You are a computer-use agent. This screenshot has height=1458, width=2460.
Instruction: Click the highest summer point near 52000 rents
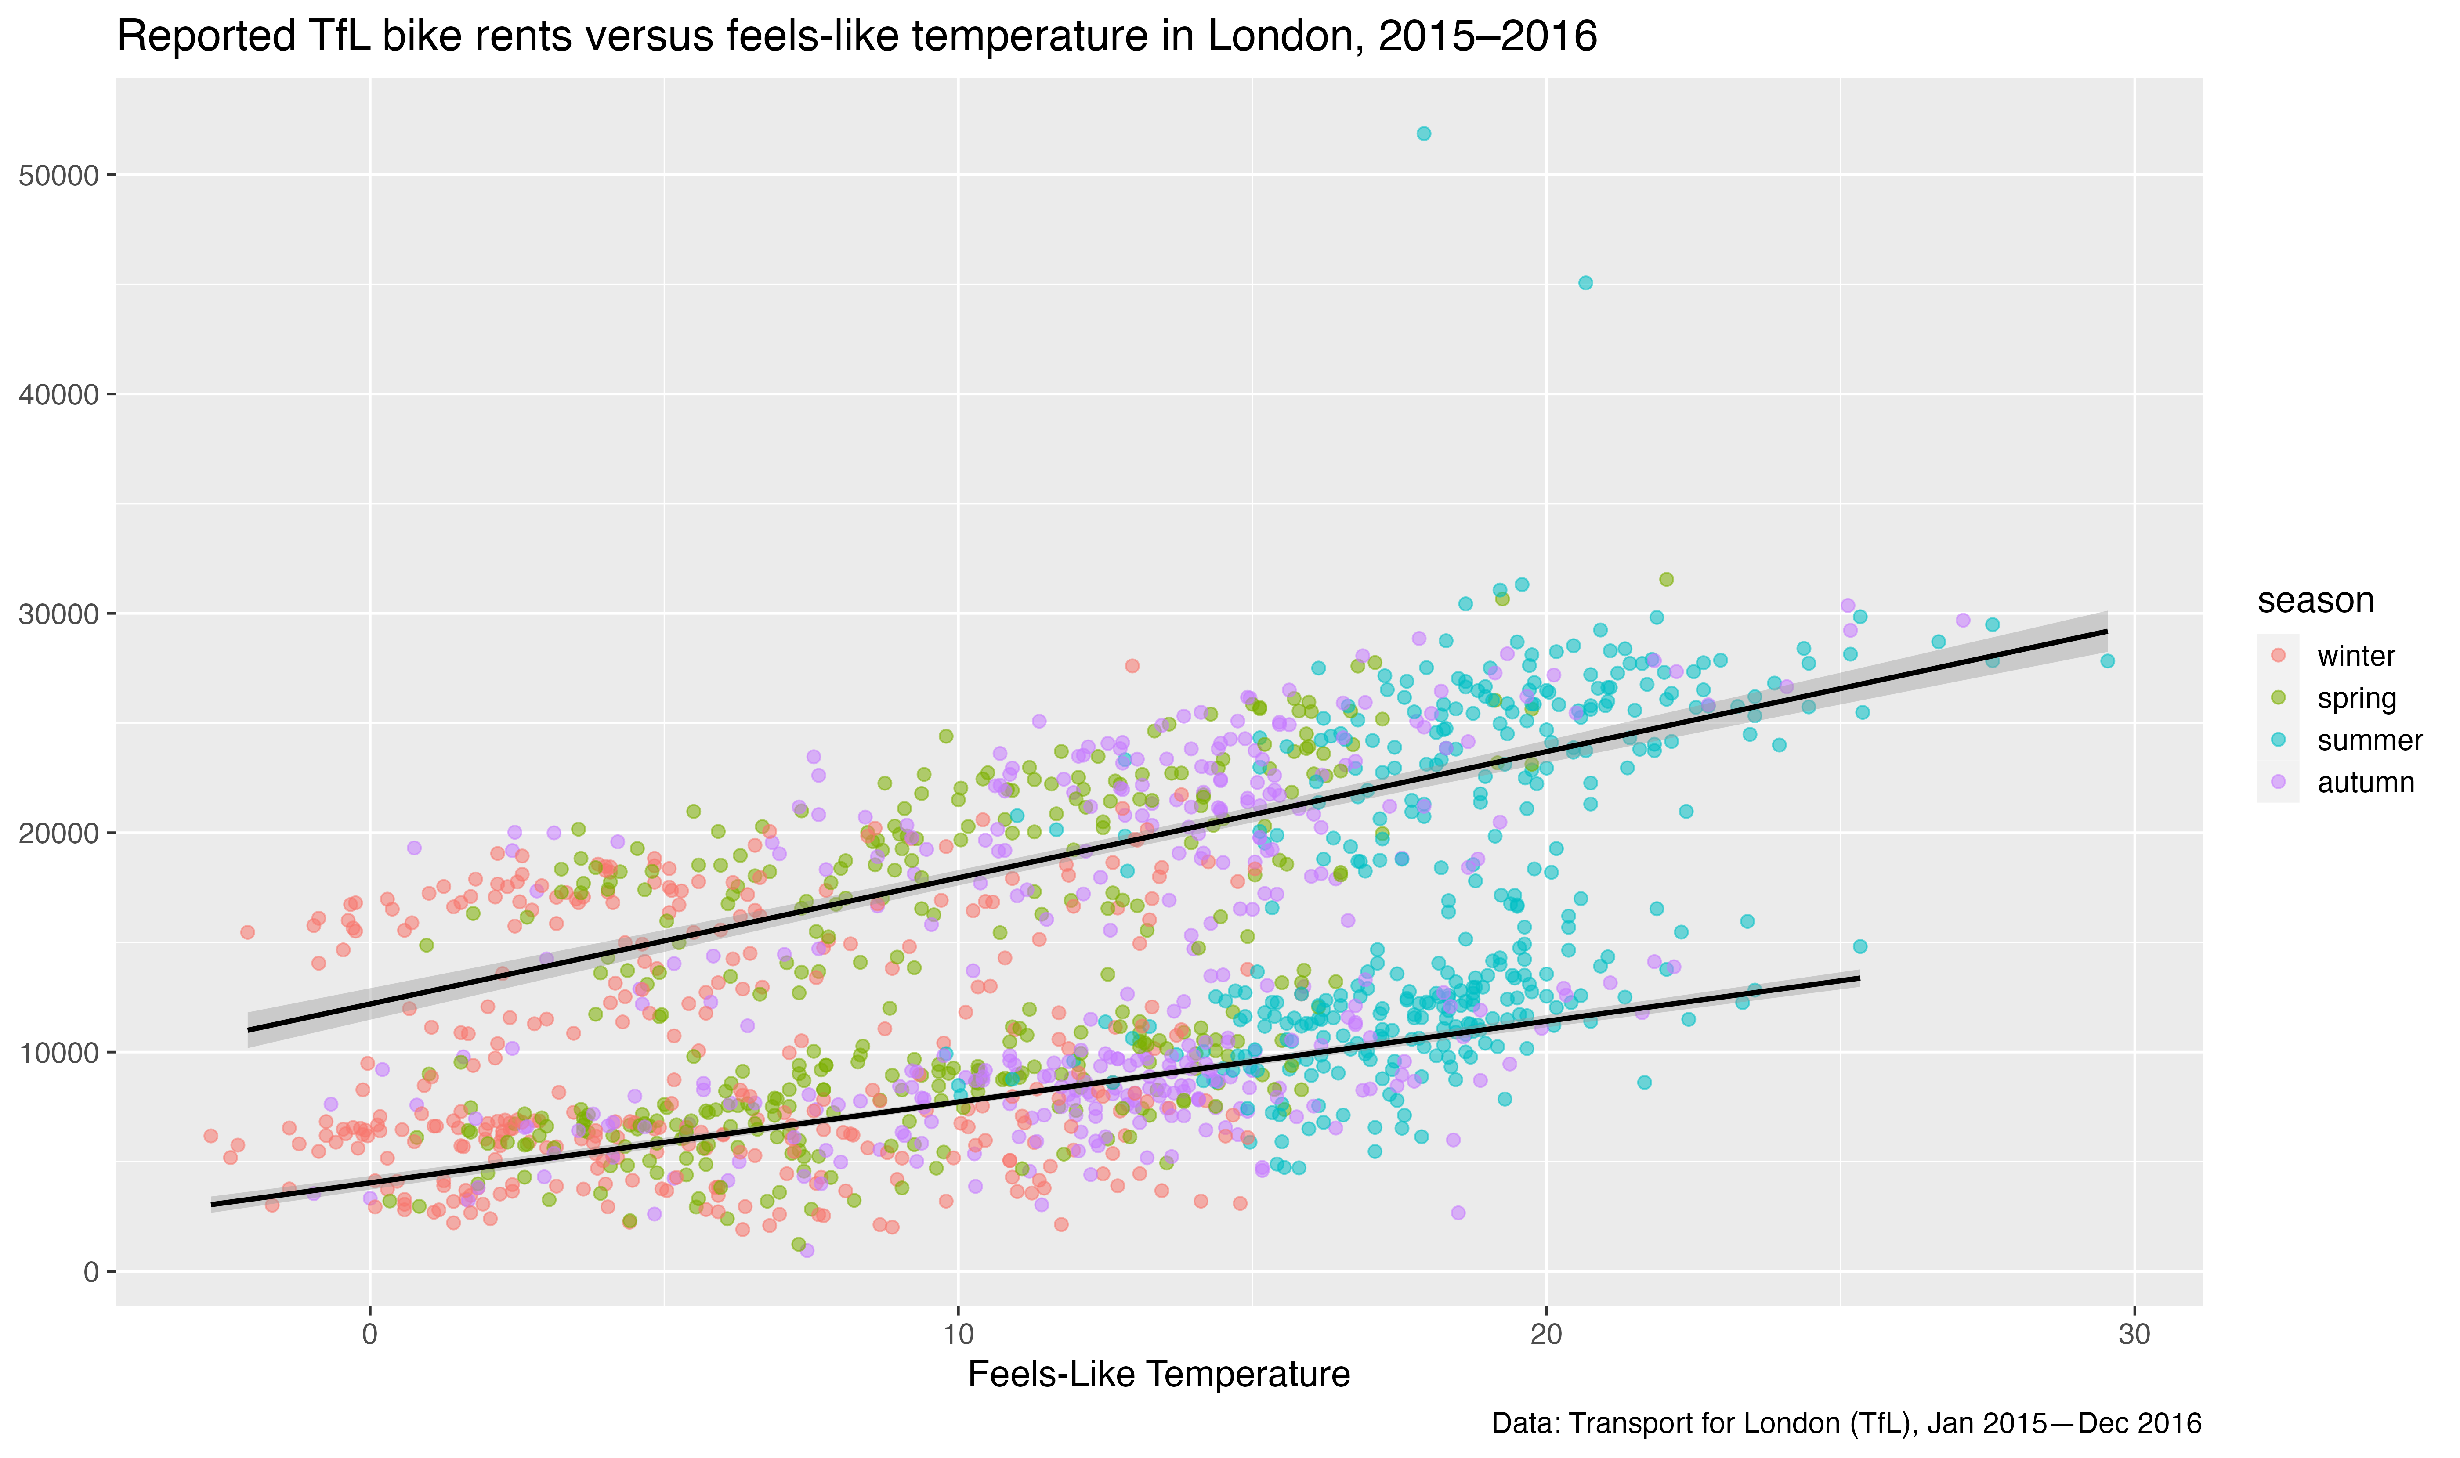pyautogui.click(x=1423, y=134)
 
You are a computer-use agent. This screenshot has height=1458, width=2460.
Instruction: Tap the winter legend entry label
pyautogui.click(x=2356, y=656)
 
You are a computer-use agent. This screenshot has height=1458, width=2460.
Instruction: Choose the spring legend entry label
pyautogui.click(x=2356, y=699)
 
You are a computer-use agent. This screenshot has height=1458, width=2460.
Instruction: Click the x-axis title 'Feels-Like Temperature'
pyautogui.click(x=1159, y=1374)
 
